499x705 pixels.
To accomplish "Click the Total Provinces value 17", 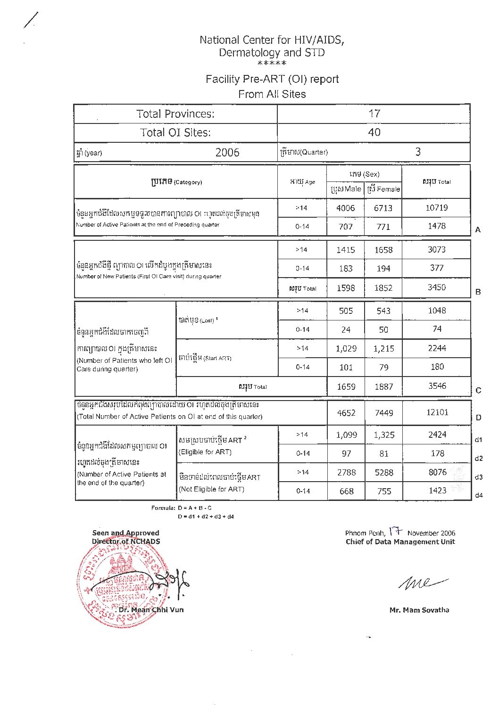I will pos(374,114).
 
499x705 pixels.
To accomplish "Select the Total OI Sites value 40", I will pos(374,132).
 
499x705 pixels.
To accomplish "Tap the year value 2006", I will pos(227,152).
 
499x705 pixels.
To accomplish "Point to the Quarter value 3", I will pos(418,152).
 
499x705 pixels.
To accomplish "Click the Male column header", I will pos(346,189).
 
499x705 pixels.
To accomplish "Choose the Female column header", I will pos(383,189).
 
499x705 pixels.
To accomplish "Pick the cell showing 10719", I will pos(436,208).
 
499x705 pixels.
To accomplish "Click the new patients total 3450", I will pos(436,287).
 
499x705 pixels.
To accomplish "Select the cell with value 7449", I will pos(383,413).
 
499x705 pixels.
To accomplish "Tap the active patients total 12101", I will pos(437,412).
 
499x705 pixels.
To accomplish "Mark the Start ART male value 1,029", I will pos(346,349).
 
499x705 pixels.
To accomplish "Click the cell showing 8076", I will pos(437,472).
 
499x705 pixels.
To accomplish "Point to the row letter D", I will pos(478,418).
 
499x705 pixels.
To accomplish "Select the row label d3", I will pos(478,477).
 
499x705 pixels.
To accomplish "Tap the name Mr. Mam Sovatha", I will pos(419,610).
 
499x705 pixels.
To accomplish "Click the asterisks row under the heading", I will pos(272,64).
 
